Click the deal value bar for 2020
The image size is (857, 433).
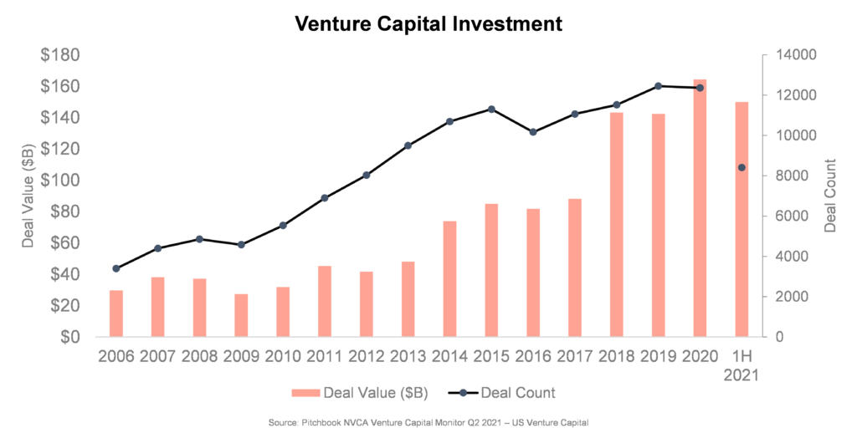[700, 208]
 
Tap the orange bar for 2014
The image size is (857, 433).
[449, 279]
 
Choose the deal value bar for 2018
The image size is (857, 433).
[616, 225]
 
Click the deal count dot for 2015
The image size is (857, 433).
[491, 109]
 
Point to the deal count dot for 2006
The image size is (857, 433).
[115, 268]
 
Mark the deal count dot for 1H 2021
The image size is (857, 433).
[742, 167]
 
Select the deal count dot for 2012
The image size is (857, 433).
[366, 175]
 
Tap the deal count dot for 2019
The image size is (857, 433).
[658, 85]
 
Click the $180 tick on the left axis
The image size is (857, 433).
[60, 55]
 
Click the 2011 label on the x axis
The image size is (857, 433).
[325, 356]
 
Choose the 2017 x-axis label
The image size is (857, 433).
[575, 356]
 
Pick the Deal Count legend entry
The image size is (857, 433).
[510, 393]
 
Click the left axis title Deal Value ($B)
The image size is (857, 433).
[28, 196]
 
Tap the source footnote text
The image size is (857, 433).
[428, 423]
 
